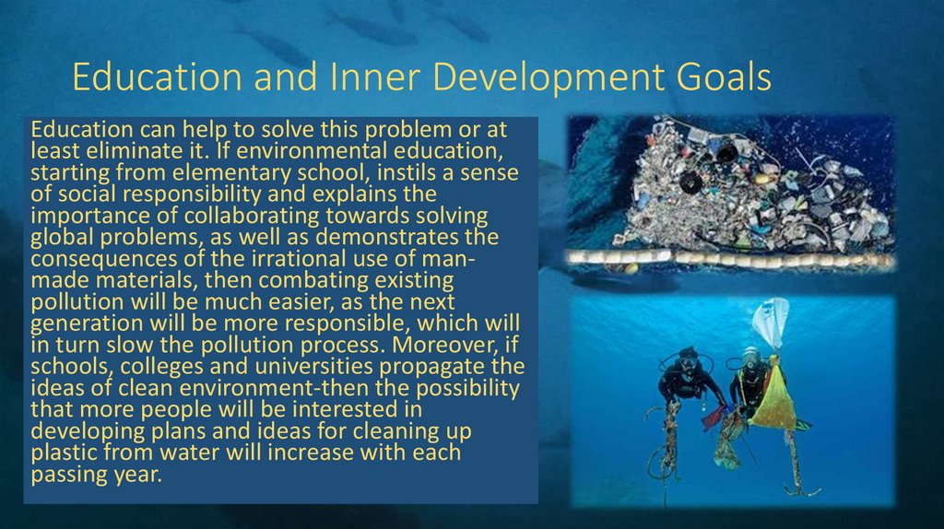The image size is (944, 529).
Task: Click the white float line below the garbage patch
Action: [x=728, y=260]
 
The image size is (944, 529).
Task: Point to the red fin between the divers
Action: [x=715, y=417]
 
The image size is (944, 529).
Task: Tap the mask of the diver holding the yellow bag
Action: [x=751, y=357]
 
